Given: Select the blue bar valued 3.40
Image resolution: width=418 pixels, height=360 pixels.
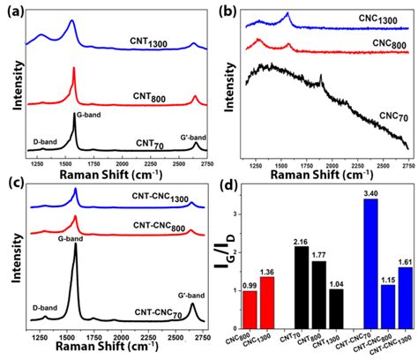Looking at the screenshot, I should point(346,259).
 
